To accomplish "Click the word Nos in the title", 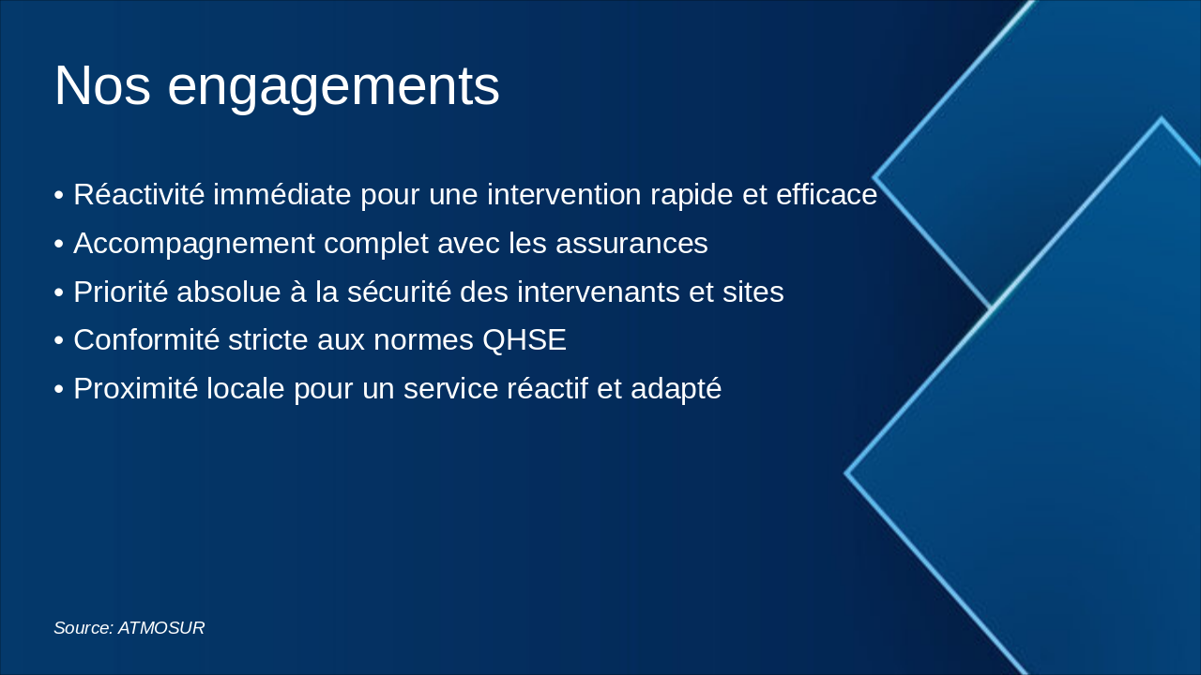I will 102,86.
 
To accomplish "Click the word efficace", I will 827,195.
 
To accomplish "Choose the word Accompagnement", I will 194,244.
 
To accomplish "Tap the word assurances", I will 631,244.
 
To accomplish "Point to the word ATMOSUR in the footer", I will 161,628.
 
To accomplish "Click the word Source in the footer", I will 83,628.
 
